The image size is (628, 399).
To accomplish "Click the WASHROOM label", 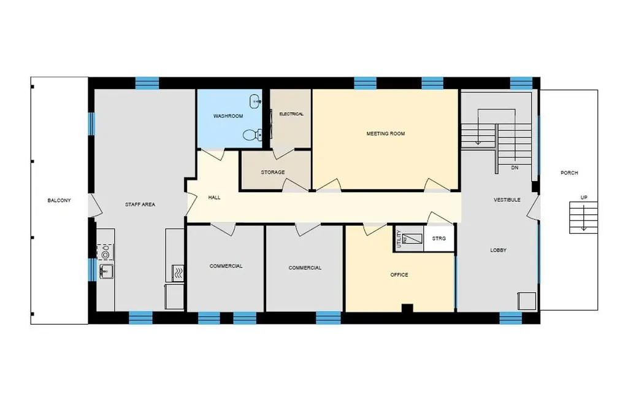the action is pos(228,116).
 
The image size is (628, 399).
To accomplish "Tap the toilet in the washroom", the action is pos(251,134).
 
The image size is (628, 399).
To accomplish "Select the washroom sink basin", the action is pos(255,102).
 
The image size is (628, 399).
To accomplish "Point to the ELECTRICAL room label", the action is pos(291,114).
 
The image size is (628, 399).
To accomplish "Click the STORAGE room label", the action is pos(273,172).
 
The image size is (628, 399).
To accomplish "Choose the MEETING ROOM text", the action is pos(386,134).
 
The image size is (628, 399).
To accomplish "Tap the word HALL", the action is pos(214,197).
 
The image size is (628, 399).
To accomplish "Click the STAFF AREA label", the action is pos(140,204).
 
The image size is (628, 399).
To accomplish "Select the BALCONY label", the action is pos(59,200).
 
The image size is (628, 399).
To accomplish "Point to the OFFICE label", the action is pos(399,274).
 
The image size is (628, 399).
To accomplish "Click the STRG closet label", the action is pos(439,238).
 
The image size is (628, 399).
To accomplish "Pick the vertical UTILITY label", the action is pos(399,239).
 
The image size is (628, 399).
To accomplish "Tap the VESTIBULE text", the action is pos(507,199).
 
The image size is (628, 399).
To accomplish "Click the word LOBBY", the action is pos(498,250).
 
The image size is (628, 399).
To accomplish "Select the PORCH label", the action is pos(569,173).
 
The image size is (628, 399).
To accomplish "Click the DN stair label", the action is pos(515,168).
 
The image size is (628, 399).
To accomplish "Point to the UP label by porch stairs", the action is pos(584,197).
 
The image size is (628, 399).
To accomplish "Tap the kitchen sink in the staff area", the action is pos(105,271).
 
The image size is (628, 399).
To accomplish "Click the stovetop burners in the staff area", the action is pos(105,252).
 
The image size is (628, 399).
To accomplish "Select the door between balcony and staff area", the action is pos(95,206).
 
